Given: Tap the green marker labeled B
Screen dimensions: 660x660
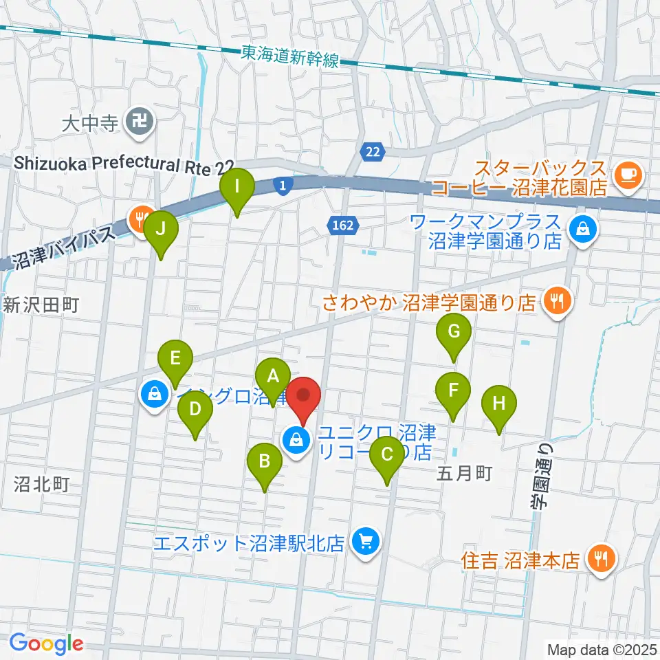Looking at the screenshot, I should point(264,461).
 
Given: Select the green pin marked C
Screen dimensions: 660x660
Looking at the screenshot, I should point(387,454).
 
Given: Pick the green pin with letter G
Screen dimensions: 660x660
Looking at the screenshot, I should point(454,332).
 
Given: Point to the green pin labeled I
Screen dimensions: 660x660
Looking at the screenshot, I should point(237,186).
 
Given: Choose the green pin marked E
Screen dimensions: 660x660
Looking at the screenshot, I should point(175,358).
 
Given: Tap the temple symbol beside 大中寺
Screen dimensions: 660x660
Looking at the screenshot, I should point(140,123).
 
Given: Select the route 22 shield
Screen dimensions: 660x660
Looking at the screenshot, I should point(373,153).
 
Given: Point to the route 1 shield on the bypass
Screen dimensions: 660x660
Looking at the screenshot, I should point(283,184).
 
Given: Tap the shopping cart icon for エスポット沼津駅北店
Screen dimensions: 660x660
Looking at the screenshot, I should point(364,542).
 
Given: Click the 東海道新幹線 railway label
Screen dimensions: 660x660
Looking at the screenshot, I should point(290,57).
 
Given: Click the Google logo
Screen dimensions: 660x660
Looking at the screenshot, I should point(47,644).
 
